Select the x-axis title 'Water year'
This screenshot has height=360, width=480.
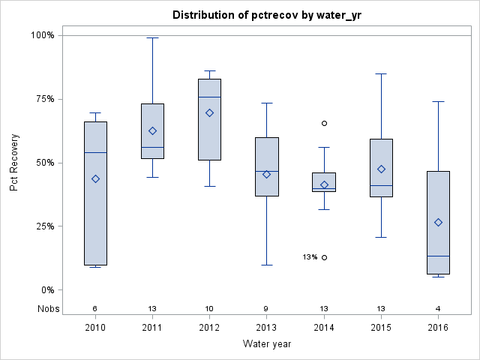[267, 343]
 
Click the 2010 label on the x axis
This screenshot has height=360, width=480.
[95, 327]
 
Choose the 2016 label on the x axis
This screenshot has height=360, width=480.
[438, 327]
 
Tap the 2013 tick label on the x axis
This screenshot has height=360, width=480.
[266, 327]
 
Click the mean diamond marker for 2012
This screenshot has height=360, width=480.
[209, 112]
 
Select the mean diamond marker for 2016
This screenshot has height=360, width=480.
[438, 222]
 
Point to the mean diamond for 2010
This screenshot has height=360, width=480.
[95, 178]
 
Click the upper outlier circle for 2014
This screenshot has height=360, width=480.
[324, 123]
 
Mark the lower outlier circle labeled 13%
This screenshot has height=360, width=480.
[324, 257]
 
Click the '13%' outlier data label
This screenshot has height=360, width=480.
[310, 257]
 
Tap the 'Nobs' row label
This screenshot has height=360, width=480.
[47, 308]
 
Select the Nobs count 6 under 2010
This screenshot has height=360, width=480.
[95, 308]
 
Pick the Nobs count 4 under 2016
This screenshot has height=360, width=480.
[438, 308]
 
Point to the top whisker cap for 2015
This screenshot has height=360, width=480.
[381, 73]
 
